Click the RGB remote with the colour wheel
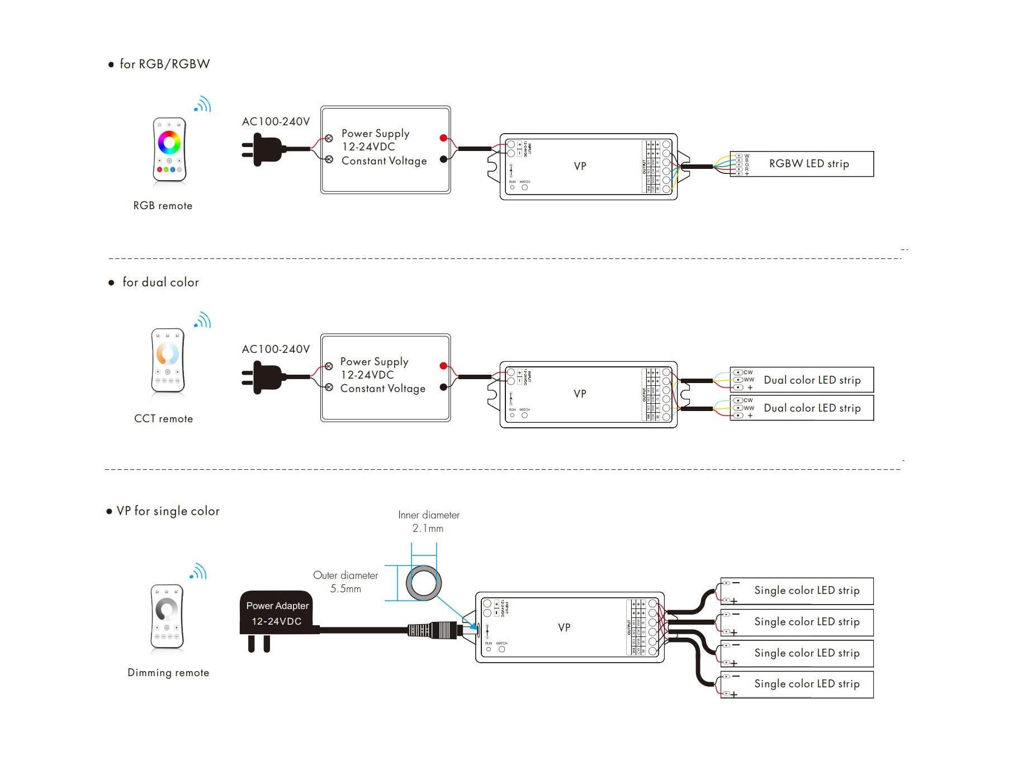[169, 149]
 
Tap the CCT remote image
[168, 360]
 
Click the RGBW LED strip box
[802, 164]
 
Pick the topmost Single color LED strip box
[797, 591]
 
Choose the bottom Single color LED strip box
[797, 685]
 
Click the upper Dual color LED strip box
[802, 380]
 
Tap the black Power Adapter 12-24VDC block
[277, 613]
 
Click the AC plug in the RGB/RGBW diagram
[263, 149]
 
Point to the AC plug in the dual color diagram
[263, 377]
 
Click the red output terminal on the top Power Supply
[443, 138]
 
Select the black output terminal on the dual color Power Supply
[443, 387]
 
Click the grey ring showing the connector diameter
[424, 583]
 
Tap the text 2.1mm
[428, 528]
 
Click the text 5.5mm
[345, 589]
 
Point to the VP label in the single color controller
[564, 627]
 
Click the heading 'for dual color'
[160, 282]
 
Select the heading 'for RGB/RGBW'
[164, 64]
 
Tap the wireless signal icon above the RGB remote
[203, 105]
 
